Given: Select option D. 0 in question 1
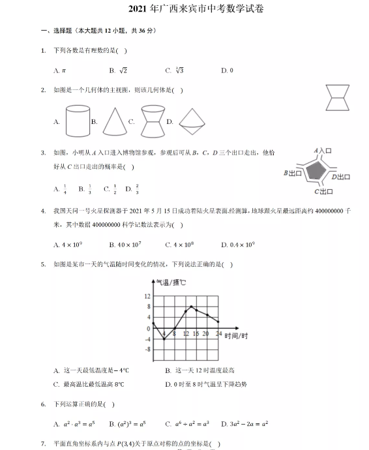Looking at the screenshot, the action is (227, 70).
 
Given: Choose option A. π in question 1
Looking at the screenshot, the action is (60, 70).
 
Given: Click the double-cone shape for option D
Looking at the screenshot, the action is (190, 121).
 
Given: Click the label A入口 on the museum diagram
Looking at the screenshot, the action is (324, 151).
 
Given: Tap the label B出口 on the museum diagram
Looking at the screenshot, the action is (293, 173).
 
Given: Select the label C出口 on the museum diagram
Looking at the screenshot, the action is (323, 191).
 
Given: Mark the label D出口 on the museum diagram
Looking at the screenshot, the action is (341, 176).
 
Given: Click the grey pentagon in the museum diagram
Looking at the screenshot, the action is (316, 170).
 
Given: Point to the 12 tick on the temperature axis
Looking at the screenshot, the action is (147, 297).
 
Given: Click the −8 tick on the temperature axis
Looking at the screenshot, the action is (147, 350).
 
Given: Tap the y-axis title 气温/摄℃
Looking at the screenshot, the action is (170, 282).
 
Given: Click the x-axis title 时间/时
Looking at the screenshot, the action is (236, 335).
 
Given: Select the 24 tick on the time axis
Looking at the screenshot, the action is (218, 333).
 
